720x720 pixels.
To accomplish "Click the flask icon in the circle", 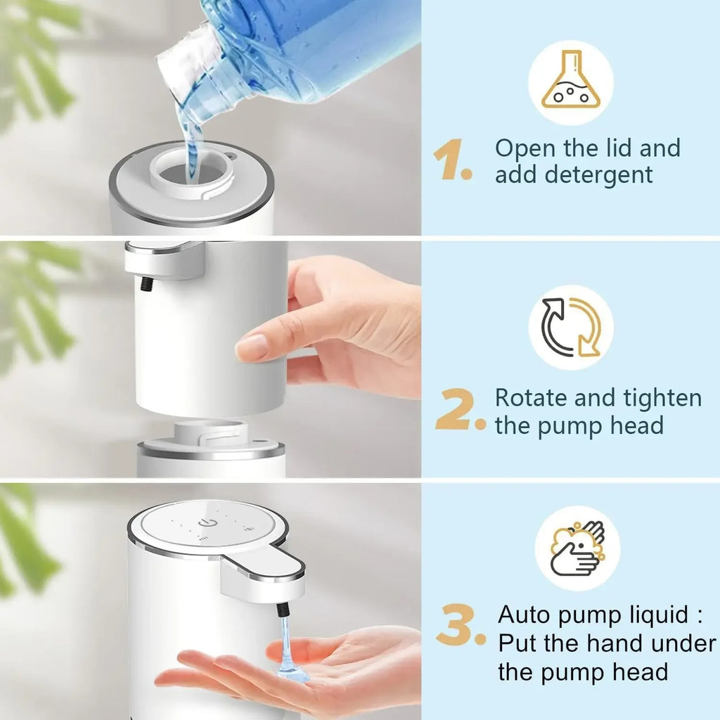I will point(570,83).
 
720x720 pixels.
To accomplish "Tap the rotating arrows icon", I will point(571,327).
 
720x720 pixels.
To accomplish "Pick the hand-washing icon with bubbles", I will point(577,548).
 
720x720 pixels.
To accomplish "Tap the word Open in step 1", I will point(527,148).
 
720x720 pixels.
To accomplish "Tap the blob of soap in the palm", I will point(292,674).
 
